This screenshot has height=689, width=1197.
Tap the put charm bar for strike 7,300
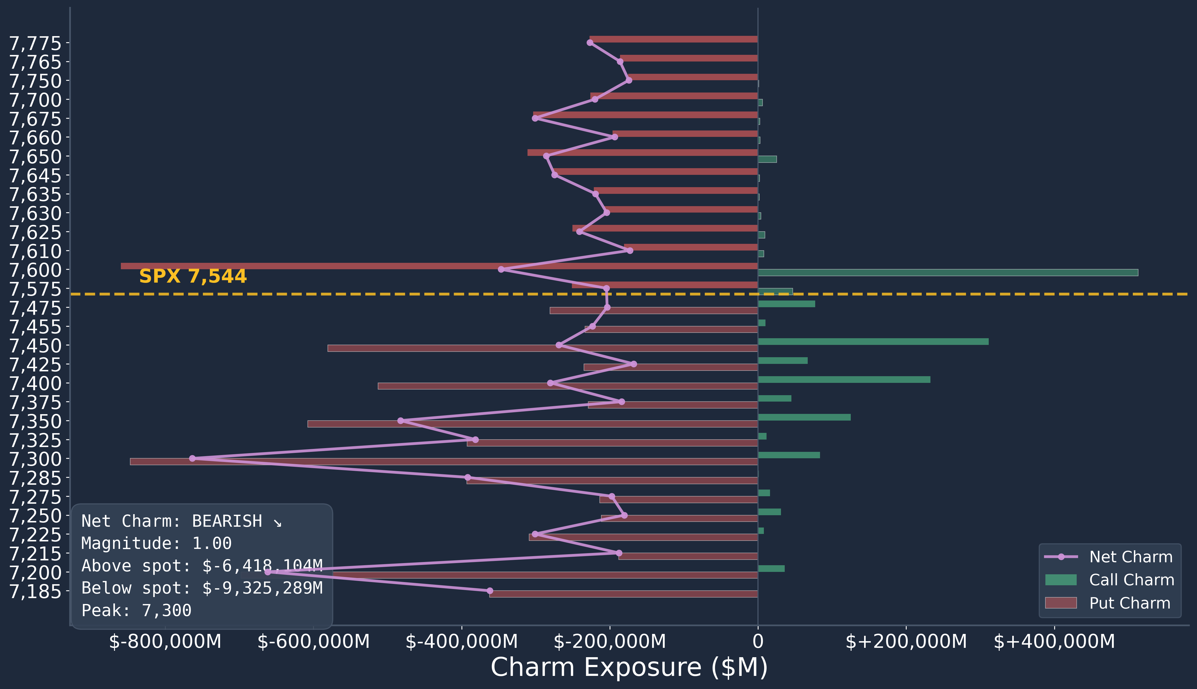point(444,461)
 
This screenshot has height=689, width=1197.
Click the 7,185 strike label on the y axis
point(36,591)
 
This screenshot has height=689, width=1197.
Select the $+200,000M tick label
point(906,642)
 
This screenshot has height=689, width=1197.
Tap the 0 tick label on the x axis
point(758,642)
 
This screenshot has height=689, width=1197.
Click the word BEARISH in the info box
point(227,521)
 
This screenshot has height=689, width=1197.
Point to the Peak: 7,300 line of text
point(136,610)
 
